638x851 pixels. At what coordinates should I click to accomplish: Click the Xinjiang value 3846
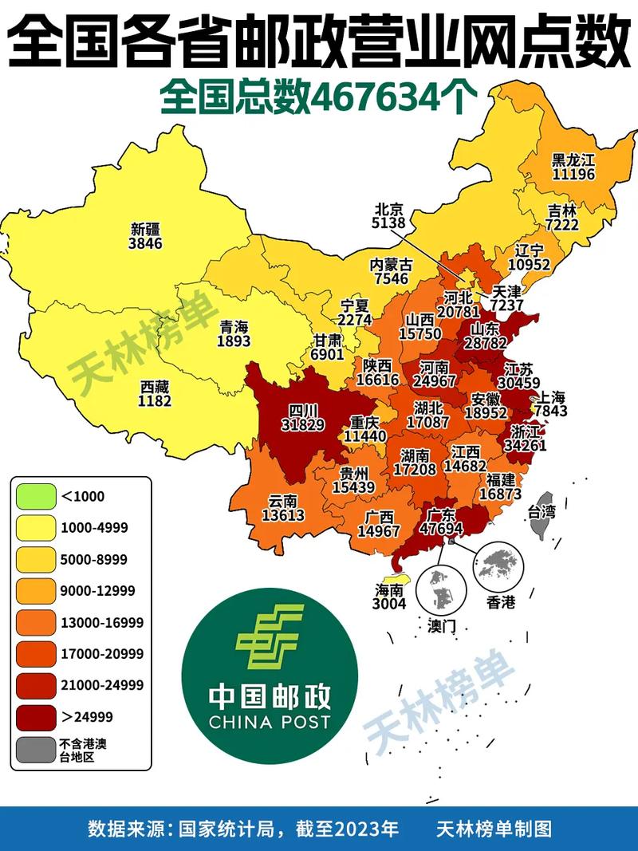146,243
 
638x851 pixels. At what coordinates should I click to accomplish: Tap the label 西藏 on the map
155,386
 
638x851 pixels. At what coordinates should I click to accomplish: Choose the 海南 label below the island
390,589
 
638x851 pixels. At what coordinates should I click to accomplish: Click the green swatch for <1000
35,496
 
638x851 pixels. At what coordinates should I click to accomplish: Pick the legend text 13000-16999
102,622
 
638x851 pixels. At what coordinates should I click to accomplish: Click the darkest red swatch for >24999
35,716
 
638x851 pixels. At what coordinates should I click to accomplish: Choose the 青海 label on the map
234,326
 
